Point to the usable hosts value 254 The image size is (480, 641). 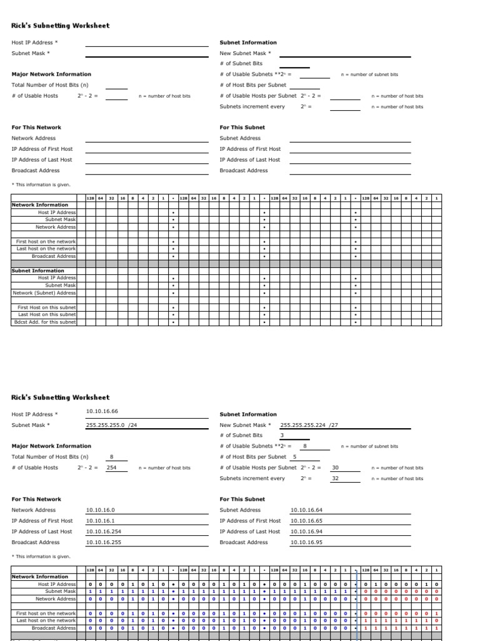pyautogui.click(x=112, y=467)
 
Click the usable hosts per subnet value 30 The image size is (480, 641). pyautogui.click(x=335, y=467)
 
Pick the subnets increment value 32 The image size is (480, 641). pyautogui.click(x=335, y=478)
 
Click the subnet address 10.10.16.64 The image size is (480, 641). pyautogui.click(x=306, y=510)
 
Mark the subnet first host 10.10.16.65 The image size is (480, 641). pyautogui.click(x=306, y=521)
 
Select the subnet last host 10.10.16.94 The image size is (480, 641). pyautogui.click(x=306, y=531)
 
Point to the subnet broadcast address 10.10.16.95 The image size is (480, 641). pyautogui.click(x=306, y=542)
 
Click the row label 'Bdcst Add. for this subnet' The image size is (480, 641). pyautogui.click(x=44, y=322)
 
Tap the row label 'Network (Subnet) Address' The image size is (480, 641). pyautogui.click(x=44, y=292)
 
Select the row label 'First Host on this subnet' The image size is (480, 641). pyautogui.click(x=46, y=307)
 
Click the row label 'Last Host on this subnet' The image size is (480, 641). pyautogui.click(x=46, y=314)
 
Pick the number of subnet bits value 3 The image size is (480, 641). pyautogui.click(x=282, y=435)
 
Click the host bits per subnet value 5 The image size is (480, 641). pyautogui.click(x=294, y=456)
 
